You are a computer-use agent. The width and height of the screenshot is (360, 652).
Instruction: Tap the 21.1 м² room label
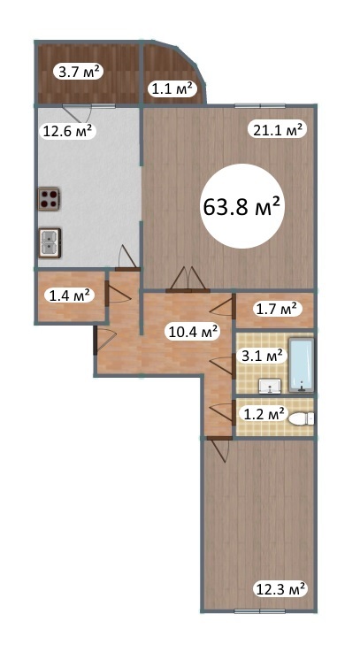tap(277, 130)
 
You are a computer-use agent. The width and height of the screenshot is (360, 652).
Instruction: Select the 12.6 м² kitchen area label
tap(68, 131)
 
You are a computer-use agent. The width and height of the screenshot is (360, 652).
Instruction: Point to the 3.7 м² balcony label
tap(79, 73)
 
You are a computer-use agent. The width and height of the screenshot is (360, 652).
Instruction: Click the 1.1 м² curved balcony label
tap(172, 88)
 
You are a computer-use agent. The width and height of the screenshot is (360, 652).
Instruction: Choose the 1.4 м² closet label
tap(70, 296)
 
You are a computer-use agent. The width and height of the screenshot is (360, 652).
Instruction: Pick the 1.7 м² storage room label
tap(277, 310)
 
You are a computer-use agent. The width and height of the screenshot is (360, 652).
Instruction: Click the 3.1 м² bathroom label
tap(263, 357)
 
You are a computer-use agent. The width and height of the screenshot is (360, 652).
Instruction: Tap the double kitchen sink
tap(50, 242)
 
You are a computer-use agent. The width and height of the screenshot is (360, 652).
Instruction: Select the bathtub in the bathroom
tap(301, 366)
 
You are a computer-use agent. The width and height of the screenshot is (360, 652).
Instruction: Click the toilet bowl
tap(302, 418)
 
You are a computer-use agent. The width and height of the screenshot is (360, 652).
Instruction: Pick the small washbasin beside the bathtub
tap(271, 387)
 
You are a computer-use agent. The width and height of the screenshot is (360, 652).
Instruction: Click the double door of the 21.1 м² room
tap(187, 280)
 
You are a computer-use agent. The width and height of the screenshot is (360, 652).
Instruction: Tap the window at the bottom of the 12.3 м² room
tap(260, 611)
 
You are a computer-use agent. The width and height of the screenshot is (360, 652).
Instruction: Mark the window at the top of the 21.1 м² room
tap(260, 105)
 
